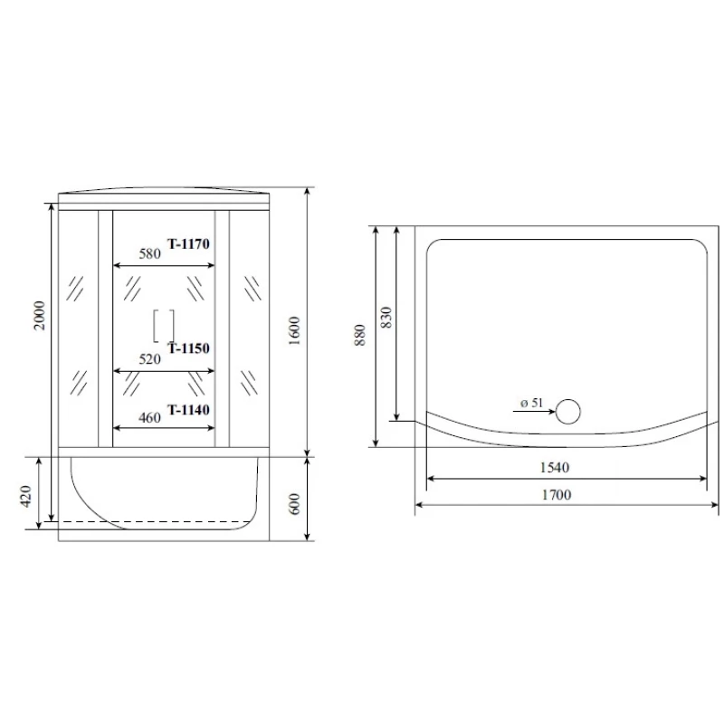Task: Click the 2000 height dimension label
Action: (x=40, y=315)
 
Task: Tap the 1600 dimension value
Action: (x=294, y=330)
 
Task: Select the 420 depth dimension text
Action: (x=26, y=496)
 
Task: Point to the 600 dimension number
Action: (x=294, y=504)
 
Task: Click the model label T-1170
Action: (x=188, y=243)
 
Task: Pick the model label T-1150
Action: (x=188, y=348)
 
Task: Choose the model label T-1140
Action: (x=188, y=410)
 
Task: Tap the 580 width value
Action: (x=150, y=253)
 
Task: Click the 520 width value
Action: (x=150, y=358)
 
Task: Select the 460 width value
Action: (x=150, y=417)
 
